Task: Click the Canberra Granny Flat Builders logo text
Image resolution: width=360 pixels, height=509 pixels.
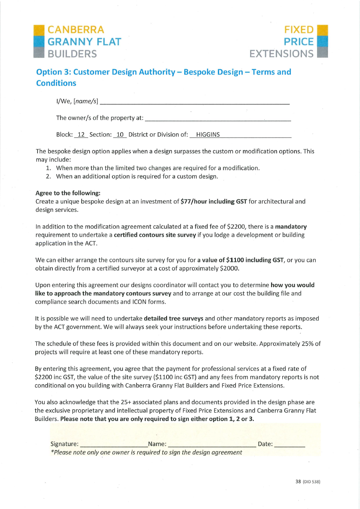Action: [x=84, y=42]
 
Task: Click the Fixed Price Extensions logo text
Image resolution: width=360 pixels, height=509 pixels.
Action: [x=282, y=42]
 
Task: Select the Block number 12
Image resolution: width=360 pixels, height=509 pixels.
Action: [x=81, y=135]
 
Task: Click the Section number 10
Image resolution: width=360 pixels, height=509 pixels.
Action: [x=120, y=135]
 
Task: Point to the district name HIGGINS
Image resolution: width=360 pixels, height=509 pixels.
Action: [x=208, y=135]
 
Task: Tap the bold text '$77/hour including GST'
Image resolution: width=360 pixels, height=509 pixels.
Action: [x=213, y=201]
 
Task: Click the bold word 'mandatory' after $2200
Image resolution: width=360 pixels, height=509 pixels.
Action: [x=291, y=227]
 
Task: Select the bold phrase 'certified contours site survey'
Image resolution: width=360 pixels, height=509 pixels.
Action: [x=155, y=235]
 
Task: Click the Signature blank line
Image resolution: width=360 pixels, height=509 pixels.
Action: [x=113, y=445]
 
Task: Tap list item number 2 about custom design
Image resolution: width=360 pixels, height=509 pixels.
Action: [x=137, y=176]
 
